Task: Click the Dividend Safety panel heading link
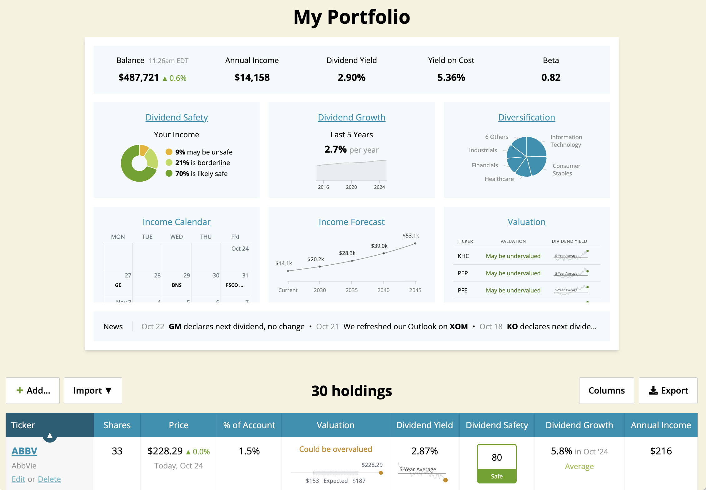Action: point(176,117)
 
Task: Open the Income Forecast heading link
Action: point(351,222)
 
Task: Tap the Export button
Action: point(668,390)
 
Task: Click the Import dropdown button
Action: point(93,390)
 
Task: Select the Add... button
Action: point(33,390)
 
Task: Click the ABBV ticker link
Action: point(24,451)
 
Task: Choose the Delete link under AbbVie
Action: point(49,479)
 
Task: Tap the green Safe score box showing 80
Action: point(497,463)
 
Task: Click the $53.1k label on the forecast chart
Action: point(410,236)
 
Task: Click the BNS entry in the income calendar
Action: point(176,285)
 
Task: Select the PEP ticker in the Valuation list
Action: point(463,273)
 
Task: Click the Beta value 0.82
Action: point(551,77)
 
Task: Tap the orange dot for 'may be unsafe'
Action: point(169,152)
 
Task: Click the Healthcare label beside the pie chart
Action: point(499,179)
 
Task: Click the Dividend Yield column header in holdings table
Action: point(424,425)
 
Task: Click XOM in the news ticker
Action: point(458,326)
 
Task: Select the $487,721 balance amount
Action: point(138,77)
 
